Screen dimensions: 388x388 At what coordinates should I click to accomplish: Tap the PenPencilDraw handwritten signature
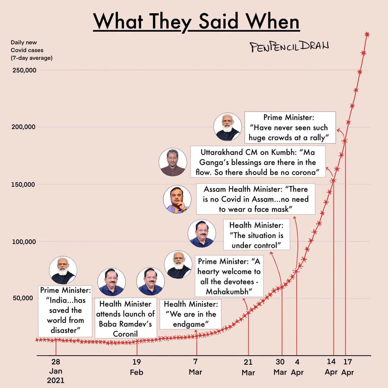[289, 46]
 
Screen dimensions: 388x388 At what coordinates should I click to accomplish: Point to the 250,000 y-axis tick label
[24, 70]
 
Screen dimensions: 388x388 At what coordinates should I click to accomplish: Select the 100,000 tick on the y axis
[24, 242]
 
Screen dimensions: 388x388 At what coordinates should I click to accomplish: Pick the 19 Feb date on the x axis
[137, 367]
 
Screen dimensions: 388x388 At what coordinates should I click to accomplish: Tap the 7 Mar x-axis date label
[195, 367]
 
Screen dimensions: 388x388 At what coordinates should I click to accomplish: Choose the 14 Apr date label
[331, 367]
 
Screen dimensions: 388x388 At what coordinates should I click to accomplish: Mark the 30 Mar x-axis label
[280, 367]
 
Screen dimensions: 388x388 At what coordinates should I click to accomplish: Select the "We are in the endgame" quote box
[190, 314]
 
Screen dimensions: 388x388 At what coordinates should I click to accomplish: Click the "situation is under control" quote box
[256, 235]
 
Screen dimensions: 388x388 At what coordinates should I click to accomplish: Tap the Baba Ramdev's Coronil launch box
[125, 319]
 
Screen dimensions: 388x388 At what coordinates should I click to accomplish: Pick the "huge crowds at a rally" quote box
[290, 128]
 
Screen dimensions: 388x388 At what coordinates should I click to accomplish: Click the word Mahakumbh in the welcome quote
[229, 291]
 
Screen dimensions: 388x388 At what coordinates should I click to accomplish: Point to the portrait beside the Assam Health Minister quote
[177, 199]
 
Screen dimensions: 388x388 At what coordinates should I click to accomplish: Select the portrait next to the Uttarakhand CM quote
[173, 162]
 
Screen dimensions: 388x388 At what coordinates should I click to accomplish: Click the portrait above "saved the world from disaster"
[63, 271]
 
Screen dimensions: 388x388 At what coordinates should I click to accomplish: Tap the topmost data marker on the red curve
[367, 34]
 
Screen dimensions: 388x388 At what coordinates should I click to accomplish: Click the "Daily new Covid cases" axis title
[32, 50]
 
